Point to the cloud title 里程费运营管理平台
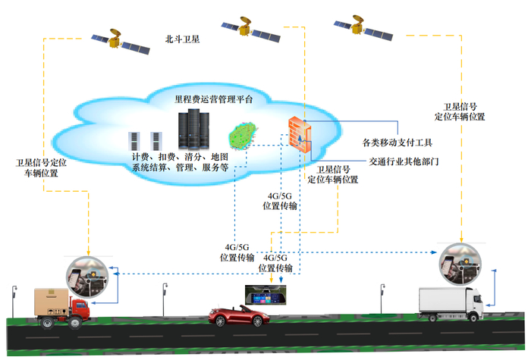tap(214, 99)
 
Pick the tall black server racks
tap(193, 130)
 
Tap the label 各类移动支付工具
tap(397, 142)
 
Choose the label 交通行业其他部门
tap(404, 161)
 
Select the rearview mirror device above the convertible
tap(268, 292)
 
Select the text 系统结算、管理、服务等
tap(181, 168)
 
